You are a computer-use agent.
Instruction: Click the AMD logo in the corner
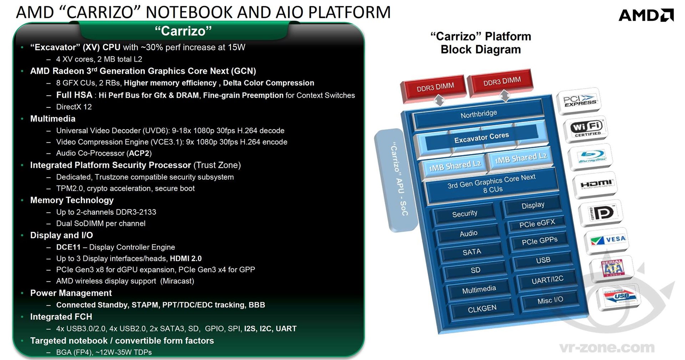pyautogui.click(x=646, y=15)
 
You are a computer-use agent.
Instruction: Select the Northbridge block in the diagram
pyautogui.click(x=478, y=114)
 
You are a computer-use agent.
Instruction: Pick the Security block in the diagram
pyautogui.click(x=464, y=214)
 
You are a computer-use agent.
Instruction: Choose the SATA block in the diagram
pyautogui.click(x=472, y=252)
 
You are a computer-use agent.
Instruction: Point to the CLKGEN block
pyautogui.click(x=482, y=309)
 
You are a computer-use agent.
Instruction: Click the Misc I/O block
pyautogui.click(x=550, y=300)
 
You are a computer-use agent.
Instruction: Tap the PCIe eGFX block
pyautogui.click(x=537, y=224)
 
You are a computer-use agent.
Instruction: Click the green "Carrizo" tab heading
pyautogui.click(x=183, y=31)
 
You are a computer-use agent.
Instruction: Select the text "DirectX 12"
pyautogui.click(x=74, y=107)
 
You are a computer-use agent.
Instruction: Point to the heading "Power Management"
pyautogui.click(x=71, y=293)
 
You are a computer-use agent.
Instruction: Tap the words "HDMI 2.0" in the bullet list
pyautogui.click(x=186, y=258)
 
